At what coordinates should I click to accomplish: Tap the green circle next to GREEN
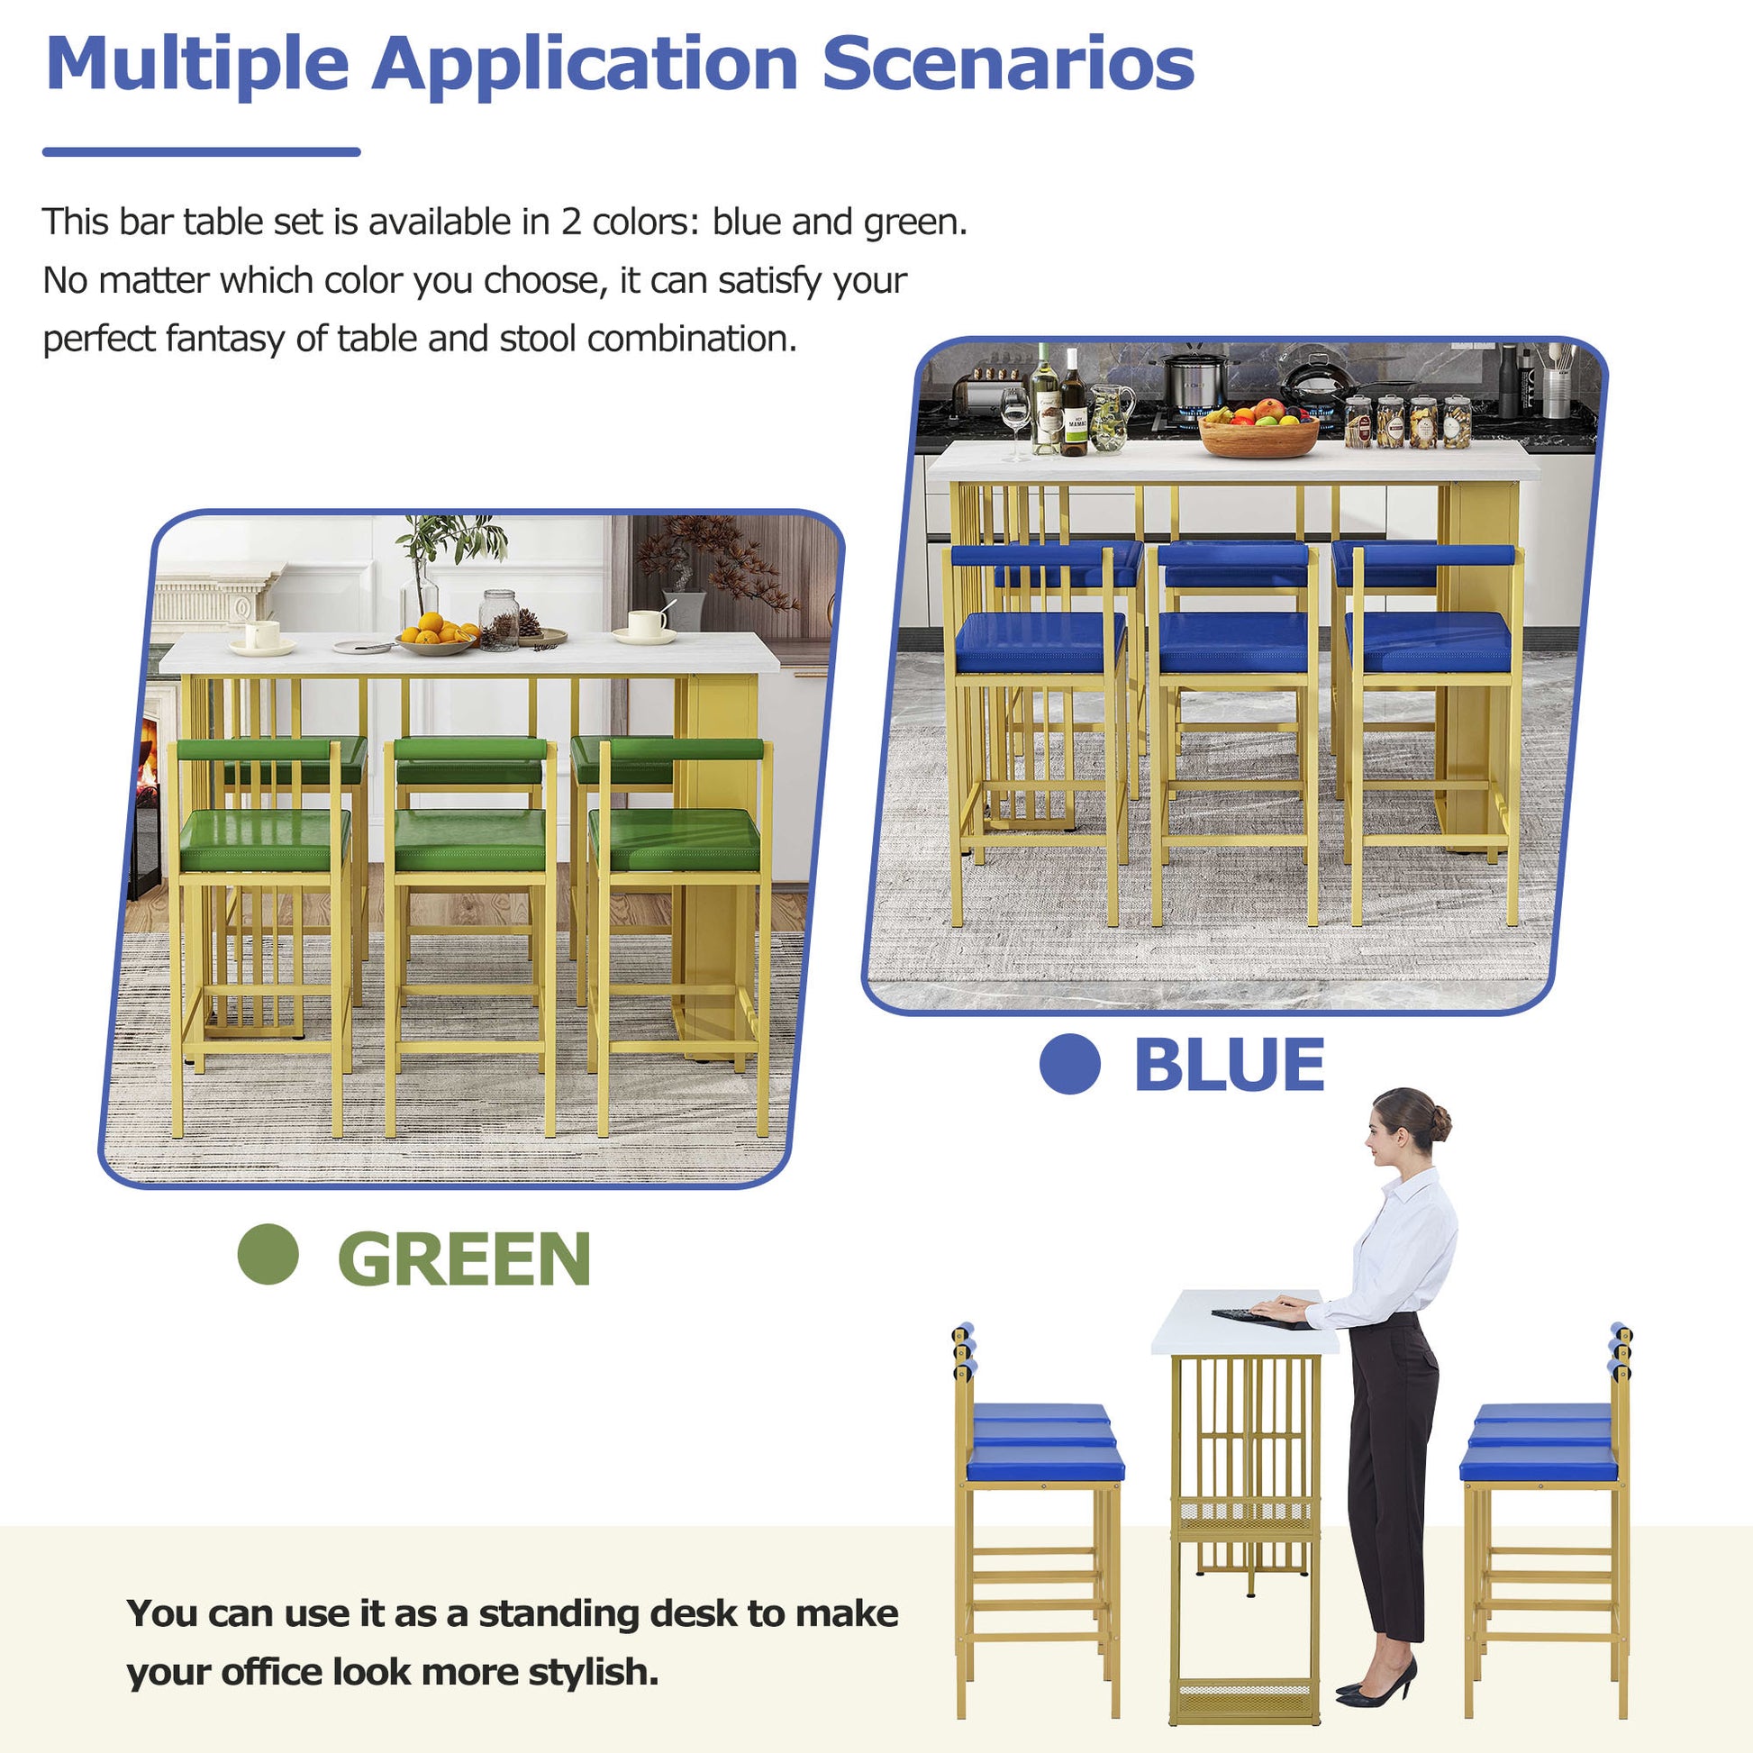click(268, 1255)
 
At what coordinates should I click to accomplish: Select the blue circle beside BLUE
click(1070, 1063)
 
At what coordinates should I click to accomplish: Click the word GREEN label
click(464, 1258)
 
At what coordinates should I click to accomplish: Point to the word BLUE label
click(1230, 1066)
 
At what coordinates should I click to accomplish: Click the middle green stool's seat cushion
click(470, 840)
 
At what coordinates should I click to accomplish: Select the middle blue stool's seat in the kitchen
click(1234, 642)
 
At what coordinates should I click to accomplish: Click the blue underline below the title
click(202, 152)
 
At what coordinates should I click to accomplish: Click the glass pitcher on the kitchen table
click(1110, 416)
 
